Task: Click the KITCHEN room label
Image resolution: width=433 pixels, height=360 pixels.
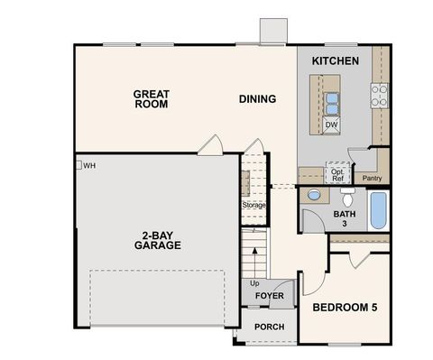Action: (x=336, y=60)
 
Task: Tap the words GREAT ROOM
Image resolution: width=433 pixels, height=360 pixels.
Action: (x=152, y=98)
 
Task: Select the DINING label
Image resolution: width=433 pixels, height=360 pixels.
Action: (x=257, y=98)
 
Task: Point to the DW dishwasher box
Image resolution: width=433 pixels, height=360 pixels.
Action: (x=331, y=125)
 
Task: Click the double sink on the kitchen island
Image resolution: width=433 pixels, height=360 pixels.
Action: (x=331, y=99)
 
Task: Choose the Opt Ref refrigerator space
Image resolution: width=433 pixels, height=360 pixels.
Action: (x=336, y=174)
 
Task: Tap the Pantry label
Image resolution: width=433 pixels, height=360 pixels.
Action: (x=373, y=178)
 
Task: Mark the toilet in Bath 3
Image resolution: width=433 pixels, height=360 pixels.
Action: (x=314, y=194)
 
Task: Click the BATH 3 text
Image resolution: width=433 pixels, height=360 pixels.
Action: (x=345, y=219)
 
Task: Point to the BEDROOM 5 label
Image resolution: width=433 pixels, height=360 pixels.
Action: (x=345, y=308)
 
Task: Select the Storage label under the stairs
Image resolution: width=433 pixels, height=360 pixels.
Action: (x=253, y=205)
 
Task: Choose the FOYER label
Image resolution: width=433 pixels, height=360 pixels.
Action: (x=269, y=295)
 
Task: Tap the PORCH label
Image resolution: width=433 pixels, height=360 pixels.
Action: (x=269, y=327)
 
